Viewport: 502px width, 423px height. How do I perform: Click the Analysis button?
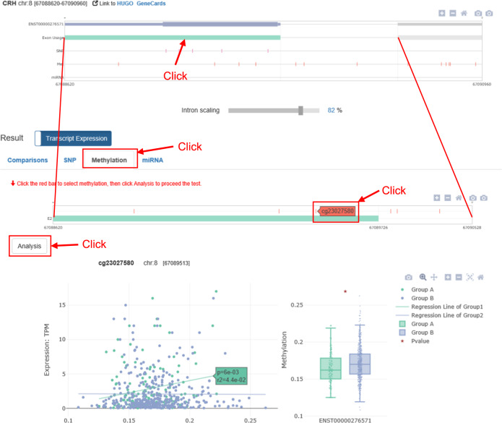click(x=30, y=246)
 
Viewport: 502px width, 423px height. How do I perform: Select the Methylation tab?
click(x=110, y=160)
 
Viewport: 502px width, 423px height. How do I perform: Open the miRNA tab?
click(x=152, y=160)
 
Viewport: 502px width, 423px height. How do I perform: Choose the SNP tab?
click(x=69, y=160)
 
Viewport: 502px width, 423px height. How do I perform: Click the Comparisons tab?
click(x=27, y=160)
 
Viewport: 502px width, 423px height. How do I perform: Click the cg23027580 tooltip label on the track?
click(x=337, y=211)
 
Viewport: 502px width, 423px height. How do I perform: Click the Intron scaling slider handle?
click(x=300, y=111)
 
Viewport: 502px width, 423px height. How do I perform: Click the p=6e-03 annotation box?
click(x=231, y=375)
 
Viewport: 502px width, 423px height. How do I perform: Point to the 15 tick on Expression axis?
click(x=60, y=305)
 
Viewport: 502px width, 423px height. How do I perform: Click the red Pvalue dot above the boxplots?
click(x=345, y=291)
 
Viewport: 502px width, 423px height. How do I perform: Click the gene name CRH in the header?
click(x=9, y=5)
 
